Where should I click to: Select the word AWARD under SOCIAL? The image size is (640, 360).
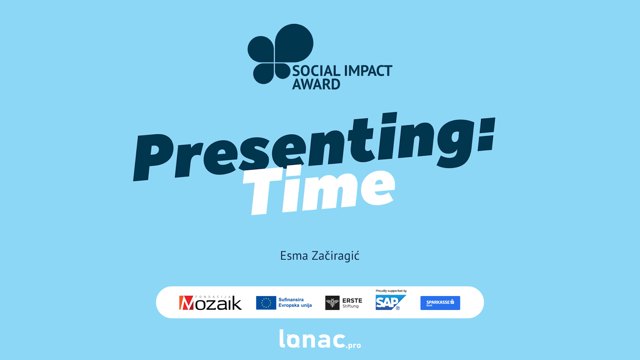point(316,84)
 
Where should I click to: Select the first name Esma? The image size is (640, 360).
point(294,256)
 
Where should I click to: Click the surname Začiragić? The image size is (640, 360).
point(336,256)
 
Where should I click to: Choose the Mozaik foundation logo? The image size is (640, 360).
point(210,303)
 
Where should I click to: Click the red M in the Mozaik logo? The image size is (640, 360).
point(186,303)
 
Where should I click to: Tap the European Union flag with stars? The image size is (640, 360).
point(266,303)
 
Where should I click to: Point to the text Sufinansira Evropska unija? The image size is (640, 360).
point(295,302)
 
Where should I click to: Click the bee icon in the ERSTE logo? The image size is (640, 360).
point(332,303)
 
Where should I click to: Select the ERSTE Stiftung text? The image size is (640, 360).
point(352,303)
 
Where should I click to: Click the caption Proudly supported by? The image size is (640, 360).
point(391,291)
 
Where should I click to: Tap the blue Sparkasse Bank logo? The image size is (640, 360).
point(440,303)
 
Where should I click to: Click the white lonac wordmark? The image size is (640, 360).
point(312,339)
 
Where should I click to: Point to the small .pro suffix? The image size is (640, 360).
point(353,345)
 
